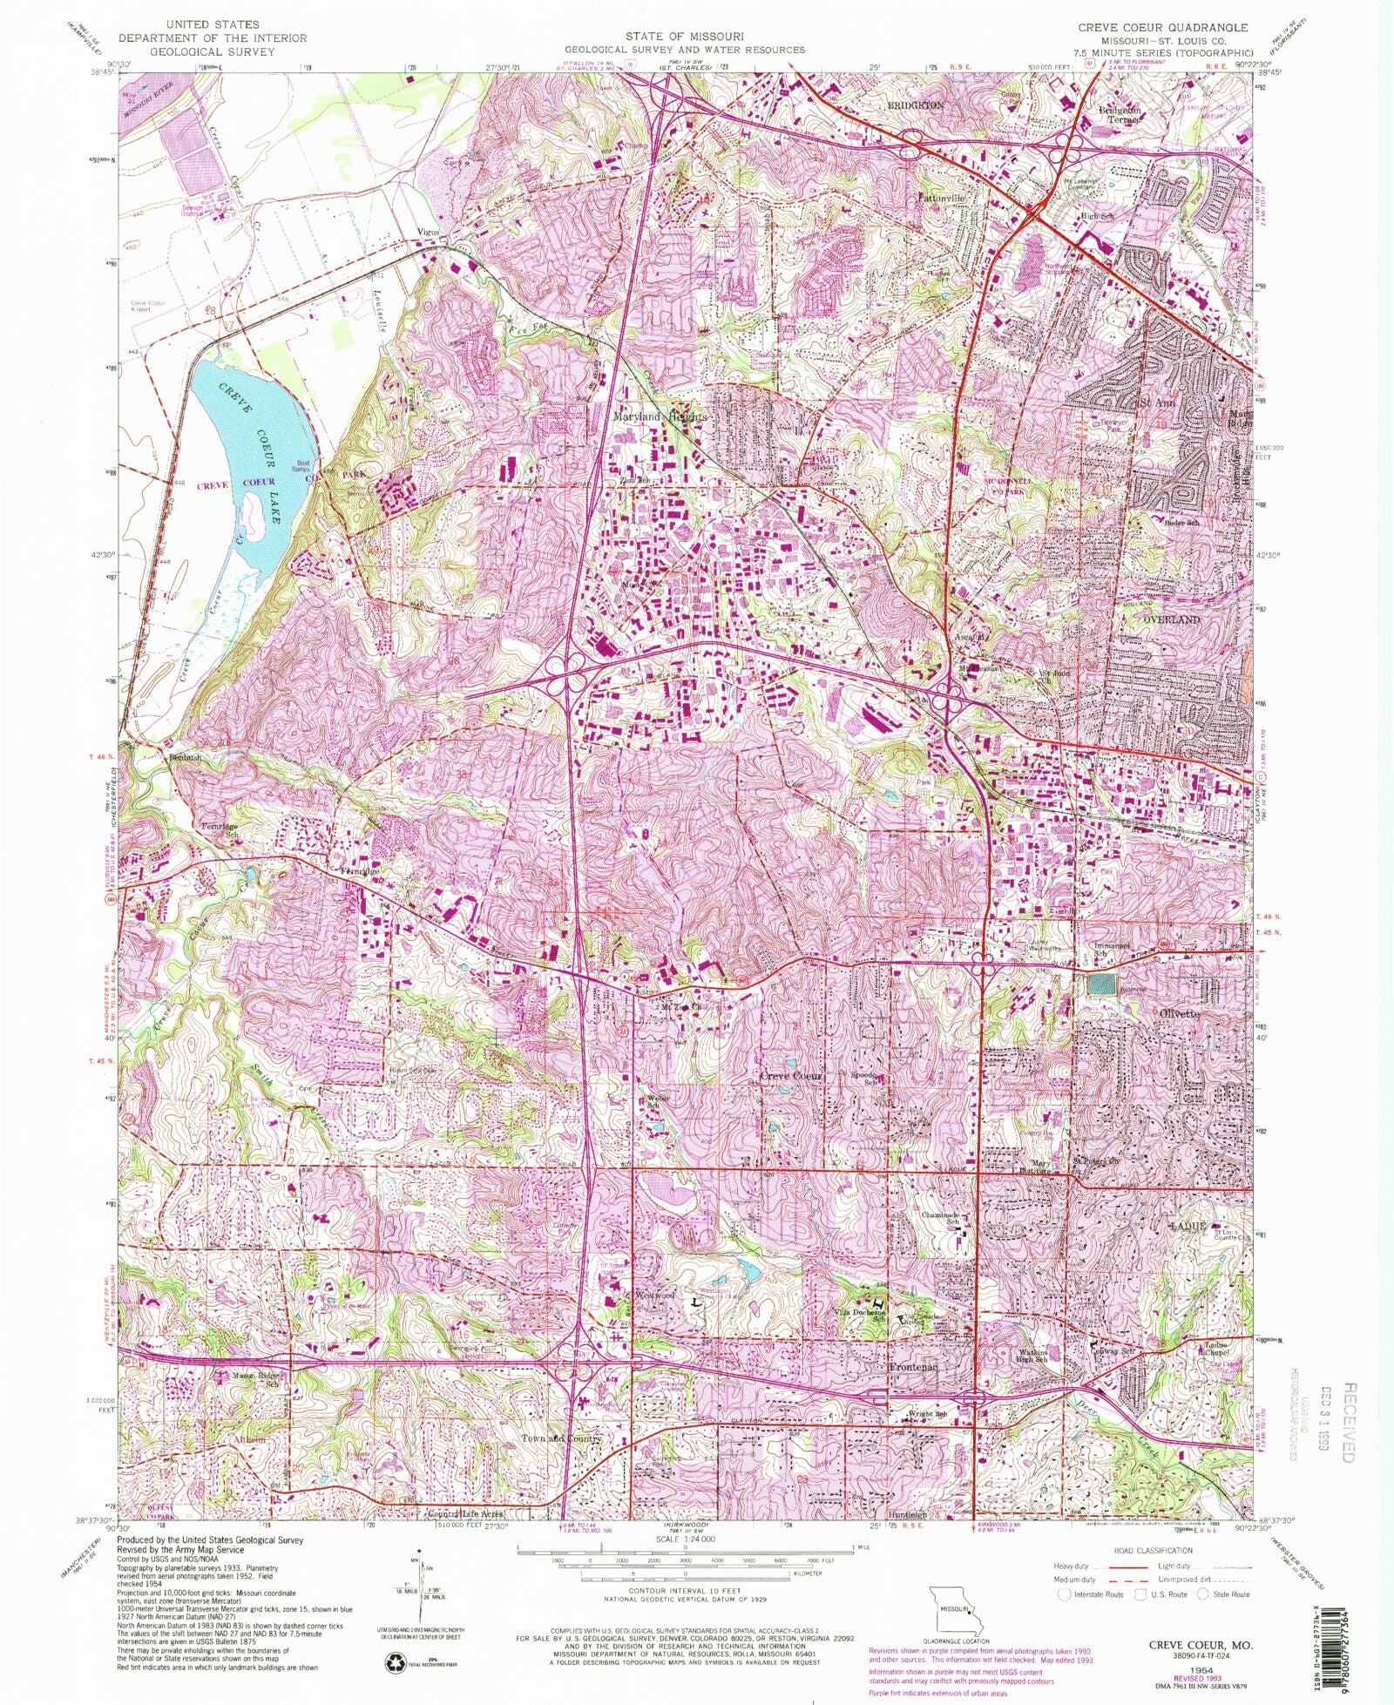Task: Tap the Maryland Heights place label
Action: [x=660, y=417]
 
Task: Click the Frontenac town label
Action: [x=912, y=1367]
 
